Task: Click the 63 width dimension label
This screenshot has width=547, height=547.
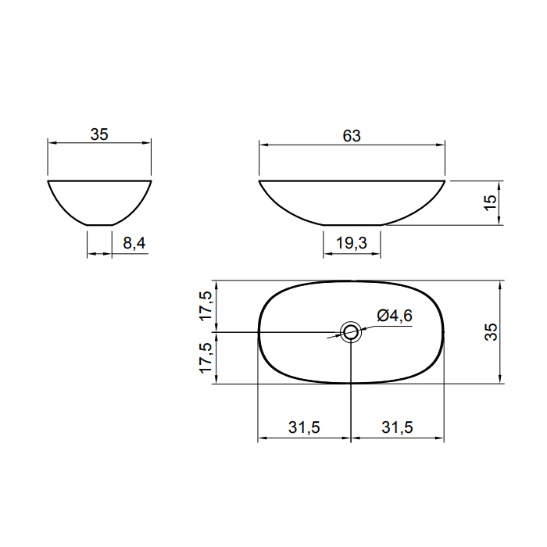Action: (352, 136)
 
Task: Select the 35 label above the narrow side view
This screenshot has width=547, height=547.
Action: (99, 134)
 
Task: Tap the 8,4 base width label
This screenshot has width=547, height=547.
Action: (134, 243)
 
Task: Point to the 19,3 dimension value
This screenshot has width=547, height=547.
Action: (352, 243)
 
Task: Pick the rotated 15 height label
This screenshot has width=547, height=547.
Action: (490, 202)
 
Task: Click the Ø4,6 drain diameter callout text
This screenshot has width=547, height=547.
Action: (395, 316)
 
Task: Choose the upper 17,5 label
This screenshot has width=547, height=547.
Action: (206, 306)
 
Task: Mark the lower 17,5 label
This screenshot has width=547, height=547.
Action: (206, 358)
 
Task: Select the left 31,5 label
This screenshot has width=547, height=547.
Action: (304, 427)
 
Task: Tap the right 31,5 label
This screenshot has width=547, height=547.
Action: (397, 427)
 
